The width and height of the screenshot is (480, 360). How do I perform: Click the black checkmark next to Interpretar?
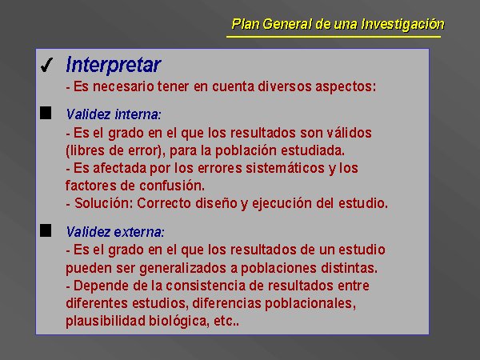46,65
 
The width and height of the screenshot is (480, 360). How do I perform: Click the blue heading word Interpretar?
114,65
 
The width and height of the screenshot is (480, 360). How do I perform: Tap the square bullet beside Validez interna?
46,113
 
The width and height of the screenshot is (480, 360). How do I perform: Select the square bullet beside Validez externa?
46,230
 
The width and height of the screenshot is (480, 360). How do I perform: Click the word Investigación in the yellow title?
402,24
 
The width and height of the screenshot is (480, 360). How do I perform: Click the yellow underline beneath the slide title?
334,37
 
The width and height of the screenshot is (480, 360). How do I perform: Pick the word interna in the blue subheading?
138,114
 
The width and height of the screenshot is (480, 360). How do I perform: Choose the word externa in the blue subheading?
139,232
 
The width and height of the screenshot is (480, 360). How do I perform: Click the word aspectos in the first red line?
346,86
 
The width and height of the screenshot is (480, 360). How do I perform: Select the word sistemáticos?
285,168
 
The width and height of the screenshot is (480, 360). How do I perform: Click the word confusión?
172,186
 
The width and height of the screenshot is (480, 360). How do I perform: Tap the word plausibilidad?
106,321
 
